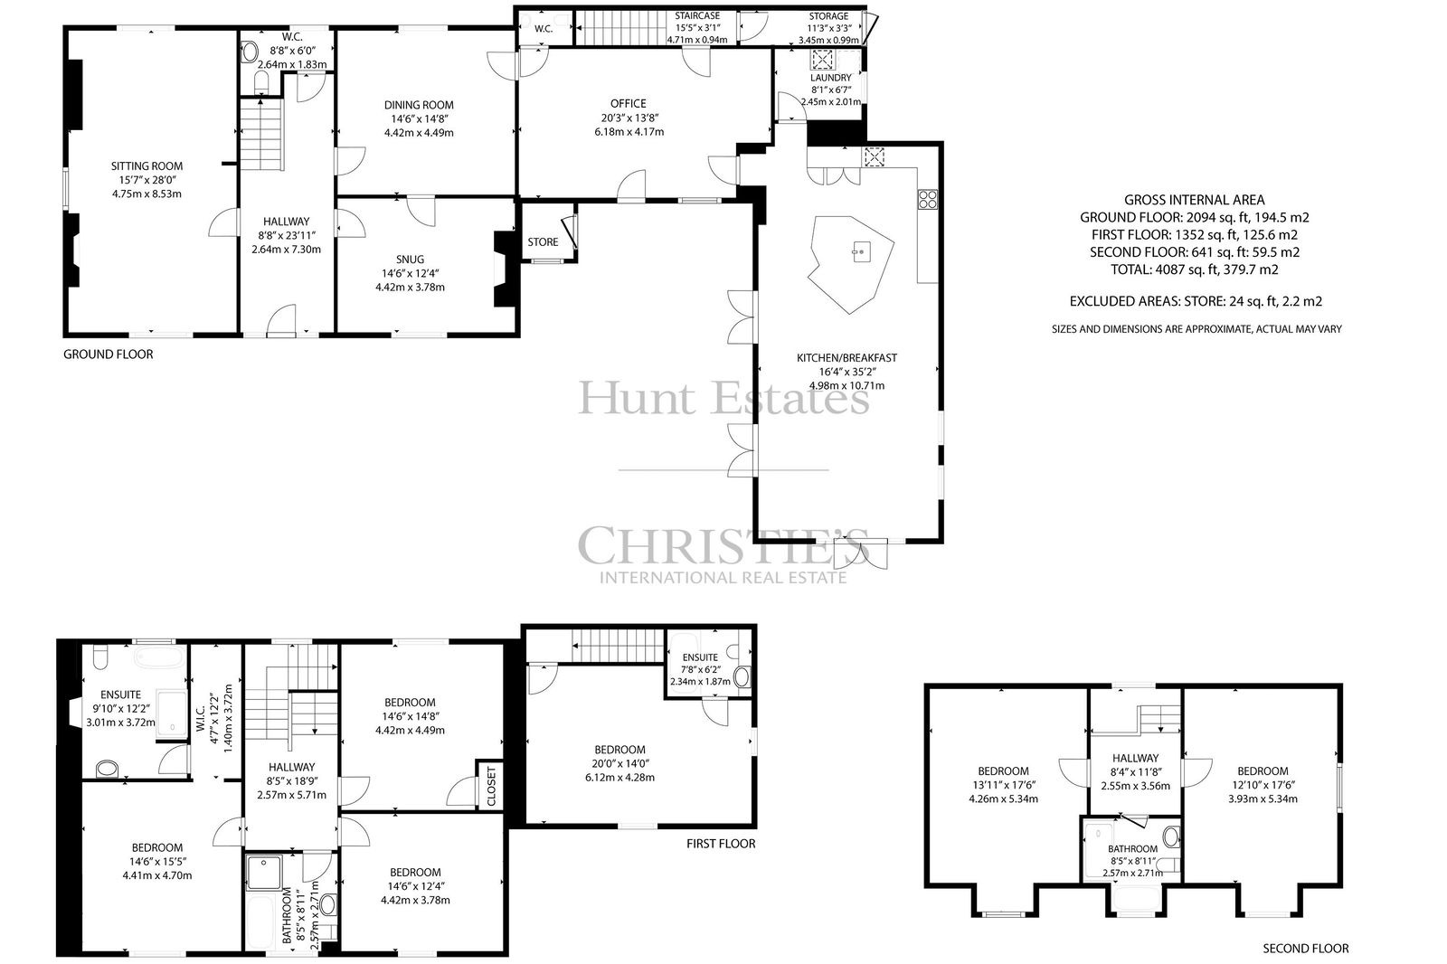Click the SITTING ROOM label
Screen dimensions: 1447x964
(147, 166)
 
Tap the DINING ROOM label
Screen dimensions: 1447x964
(419, 105)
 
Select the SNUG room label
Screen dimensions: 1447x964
(411, 260)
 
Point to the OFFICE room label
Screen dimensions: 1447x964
(629, 103)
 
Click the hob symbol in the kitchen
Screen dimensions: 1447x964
(928, 199)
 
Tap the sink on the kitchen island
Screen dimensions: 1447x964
(861, 251)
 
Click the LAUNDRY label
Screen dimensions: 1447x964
(831, 78)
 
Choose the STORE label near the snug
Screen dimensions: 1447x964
(543, 242)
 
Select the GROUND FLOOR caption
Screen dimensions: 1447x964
(109, 354)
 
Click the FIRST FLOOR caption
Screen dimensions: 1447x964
(721, 844)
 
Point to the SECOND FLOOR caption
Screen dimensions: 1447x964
(1306, 949)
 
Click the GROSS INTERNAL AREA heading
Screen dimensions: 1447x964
(1195, 200)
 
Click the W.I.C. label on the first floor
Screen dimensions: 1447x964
(201, 718)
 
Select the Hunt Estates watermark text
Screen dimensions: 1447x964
(723, 398)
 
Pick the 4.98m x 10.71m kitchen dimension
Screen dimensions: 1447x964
(846, 386)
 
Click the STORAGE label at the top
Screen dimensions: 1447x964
(828, 16)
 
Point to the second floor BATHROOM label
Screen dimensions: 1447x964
(1132, 849)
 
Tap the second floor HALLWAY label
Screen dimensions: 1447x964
(1135, 759)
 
